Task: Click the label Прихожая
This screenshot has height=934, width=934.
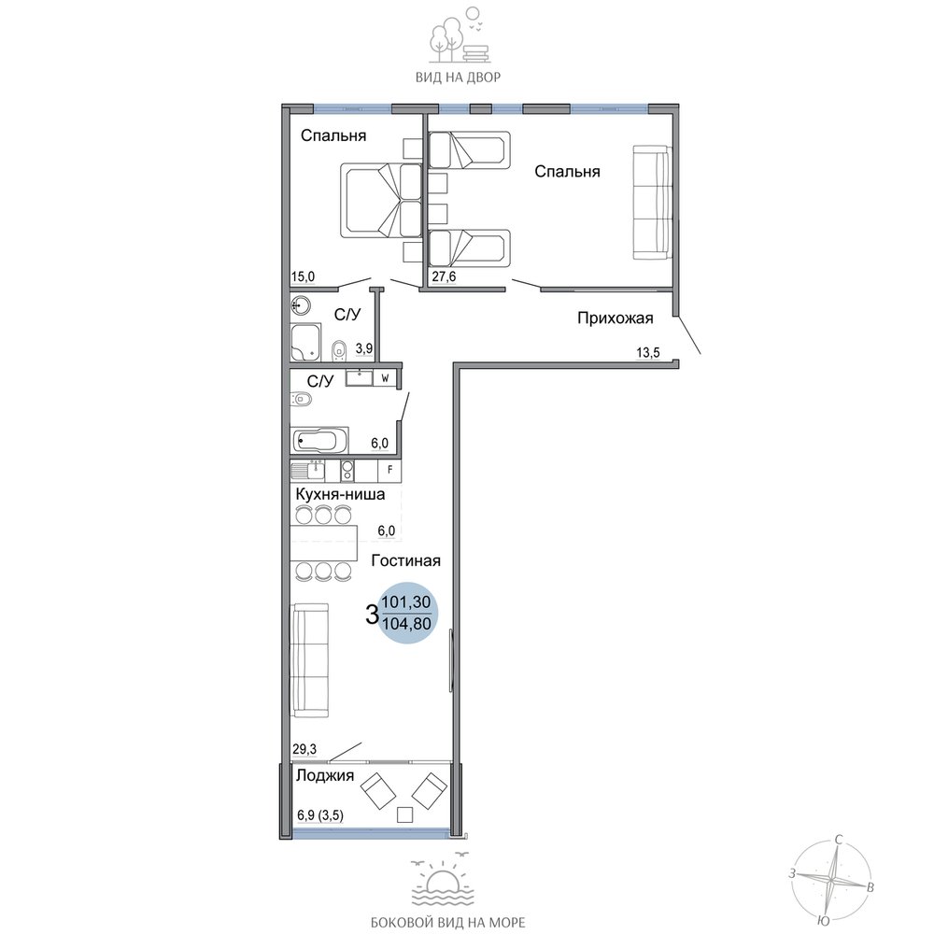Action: click(616, 318)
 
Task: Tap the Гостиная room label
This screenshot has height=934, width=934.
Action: click(405, 560)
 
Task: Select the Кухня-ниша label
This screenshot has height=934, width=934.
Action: click(340, 494)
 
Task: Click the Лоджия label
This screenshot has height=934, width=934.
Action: click(325, 775)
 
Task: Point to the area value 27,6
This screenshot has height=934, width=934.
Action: click(444, 277)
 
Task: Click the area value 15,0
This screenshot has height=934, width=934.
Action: click(304, 277)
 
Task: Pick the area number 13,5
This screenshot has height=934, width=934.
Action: click(648, 353)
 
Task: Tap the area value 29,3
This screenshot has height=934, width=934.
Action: click(304, 749)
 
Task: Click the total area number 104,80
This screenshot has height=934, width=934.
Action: click(406, 625)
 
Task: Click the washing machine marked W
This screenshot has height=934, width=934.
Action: click(385, 377)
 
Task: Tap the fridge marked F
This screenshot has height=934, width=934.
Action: click(389, 470)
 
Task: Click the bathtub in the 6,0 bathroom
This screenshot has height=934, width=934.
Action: click(319, 441)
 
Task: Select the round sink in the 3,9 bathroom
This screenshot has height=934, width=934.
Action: click(301, 306)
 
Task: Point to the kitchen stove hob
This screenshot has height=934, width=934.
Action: click(347, 470)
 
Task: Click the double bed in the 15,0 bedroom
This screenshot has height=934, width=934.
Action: click(381, 201)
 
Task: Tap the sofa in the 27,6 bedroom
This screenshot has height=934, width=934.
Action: click(652, 202)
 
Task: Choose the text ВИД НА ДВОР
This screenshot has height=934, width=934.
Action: click(458, 78)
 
